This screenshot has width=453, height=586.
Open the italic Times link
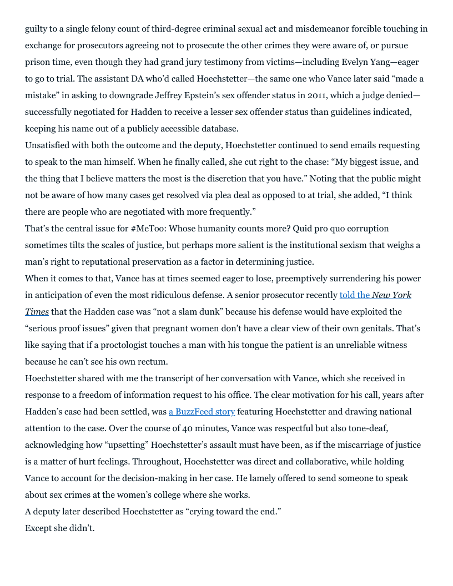point(37,312)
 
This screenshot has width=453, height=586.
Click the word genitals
point(395,329)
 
